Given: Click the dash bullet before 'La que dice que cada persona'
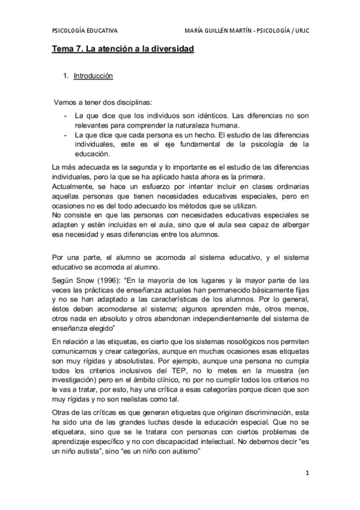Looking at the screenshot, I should point(64,135).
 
